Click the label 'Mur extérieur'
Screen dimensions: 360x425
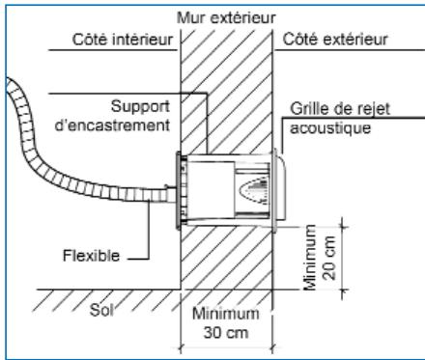[x=225, y=17]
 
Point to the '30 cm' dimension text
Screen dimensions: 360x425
[x=226, y=331]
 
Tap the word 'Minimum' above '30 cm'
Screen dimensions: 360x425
[x=226, y=314]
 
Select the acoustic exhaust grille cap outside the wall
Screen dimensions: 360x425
[x=277, y=189]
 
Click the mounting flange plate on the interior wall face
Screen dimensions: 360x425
[x=179, y=189]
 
